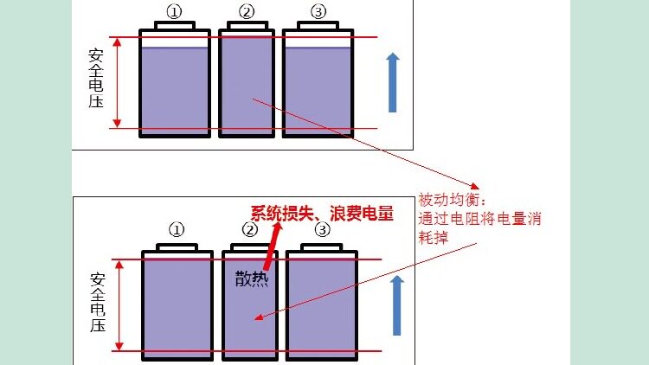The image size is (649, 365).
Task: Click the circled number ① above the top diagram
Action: point(174,11)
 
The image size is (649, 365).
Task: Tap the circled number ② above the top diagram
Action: point(247,11)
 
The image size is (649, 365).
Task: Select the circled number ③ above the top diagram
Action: point(319,11)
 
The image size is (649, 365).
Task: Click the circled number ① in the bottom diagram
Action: point(177,230)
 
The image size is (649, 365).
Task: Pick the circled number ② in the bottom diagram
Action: point(250,230)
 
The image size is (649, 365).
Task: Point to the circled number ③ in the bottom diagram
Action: point(322,230)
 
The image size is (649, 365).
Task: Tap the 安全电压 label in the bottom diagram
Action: point(98,304)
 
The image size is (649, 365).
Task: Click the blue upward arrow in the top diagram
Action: point(393,82)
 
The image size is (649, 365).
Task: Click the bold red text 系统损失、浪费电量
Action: point(322,213)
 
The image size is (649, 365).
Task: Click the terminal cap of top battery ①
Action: point(175,25)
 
